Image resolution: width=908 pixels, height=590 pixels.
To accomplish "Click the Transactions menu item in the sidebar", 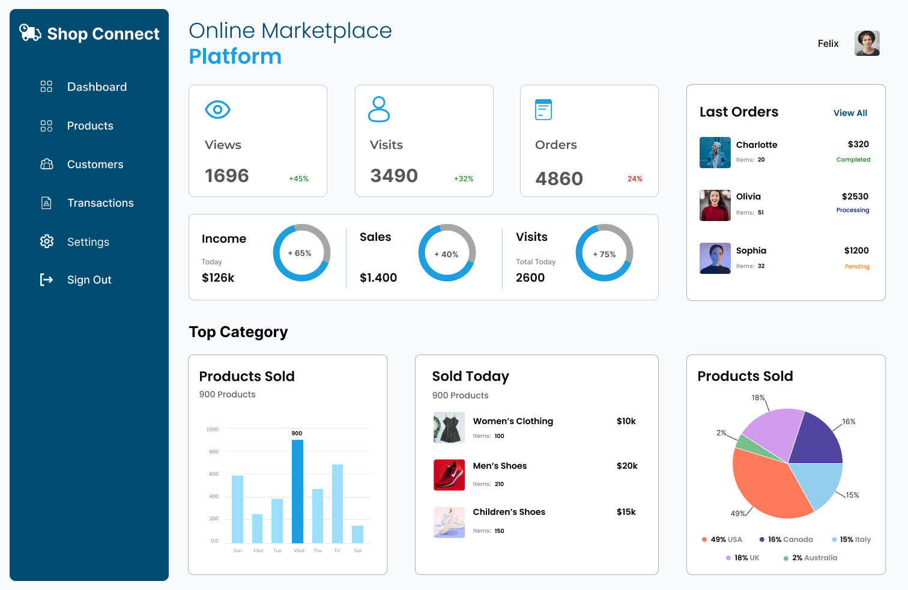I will click(x=100, y=203).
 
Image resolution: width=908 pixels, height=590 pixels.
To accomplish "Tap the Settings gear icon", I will click(x=47, y=242).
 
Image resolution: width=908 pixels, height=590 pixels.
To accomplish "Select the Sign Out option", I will click(x=89, y=280).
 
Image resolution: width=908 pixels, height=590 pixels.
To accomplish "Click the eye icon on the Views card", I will click(x=217, y=109).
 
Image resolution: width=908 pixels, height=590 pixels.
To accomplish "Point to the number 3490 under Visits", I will click(x=394, y=175).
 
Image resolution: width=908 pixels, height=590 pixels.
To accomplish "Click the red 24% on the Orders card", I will click(x=635, y=178).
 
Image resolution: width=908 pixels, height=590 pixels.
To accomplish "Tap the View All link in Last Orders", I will click(x=850, y=113).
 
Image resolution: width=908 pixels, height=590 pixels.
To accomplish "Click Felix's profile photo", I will click(x=867, y=43).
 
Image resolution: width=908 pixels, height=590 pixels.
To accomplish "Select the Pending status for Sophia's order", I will click(x=857, y=267).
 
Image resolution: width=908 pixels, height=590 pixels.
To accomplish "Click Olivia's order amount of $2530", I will click(x=855, y=196).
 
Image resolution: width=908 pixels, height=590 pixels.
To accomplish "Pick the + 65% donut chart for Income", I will click(x=301, y=252).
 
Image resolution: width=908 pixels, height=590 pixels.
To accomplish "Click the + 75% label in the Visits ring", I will click(x=604, y=254).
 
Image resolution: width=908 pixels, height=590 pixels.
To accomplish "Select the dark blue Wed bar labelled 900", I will click(x=297, y=491).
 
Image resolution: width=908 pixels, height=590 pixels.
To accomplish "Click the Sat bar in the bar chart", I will click(x=357, y=534).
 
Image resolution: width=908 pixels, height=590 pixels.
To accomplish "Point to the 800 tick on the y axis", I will click(x=214, y=452).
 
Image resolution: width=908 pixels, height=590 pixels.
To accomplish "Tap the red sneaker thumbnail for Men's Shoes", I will click(x=449, y=475).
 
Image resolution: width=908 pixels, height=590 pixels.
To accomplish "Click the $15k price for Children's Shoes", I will click(x=626, y=512).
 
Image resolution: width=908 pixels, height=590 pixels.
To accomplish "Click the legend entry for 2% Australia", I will click(x=810, y=558).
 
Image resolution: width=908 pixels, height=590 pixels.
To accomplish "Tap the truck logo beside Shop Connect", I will click(x=30, y=32).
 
